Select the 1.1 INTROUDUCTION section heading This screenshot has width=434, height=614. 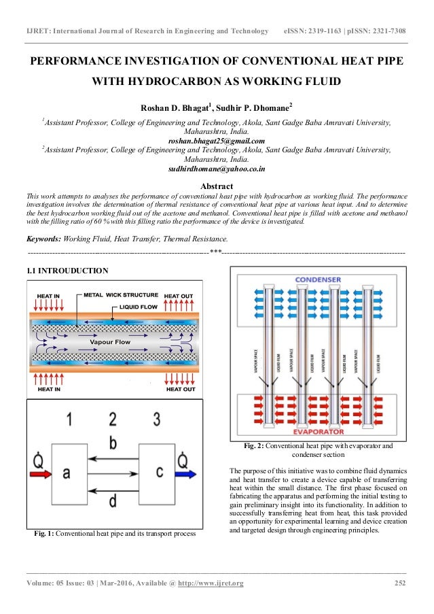tap(67, 271)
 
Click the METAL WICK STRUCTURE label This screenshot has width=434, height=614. tap(121, 296)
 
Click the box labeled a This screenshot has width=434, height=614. tap(66, 471)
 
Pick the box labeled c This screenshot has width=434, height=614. tap(158, 471)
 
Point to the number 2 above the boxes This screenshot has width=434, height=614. tap(112, 417)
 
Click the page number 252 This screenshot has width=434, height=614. tap(401, 583)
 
